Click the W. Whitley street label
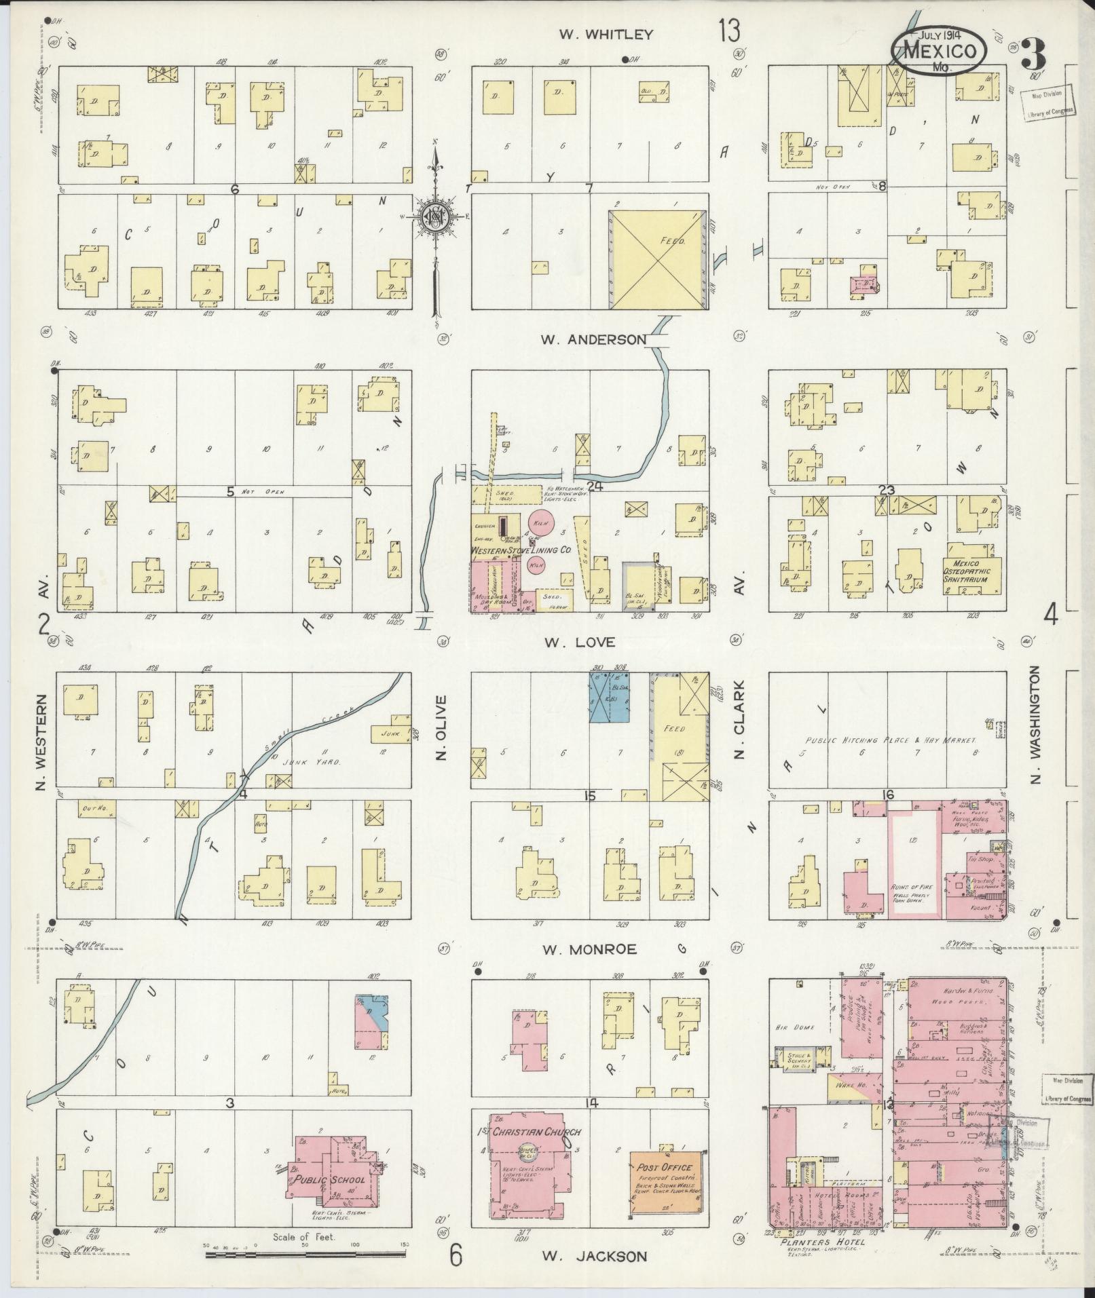click(606, 34)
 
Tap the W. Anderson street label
click(593, 339)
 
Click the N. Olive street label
click(442, 727)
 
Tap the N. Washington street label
click(1035, 724)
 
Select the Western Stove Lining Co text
click(521, 551)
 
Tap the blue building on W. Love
click(609, 698)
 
